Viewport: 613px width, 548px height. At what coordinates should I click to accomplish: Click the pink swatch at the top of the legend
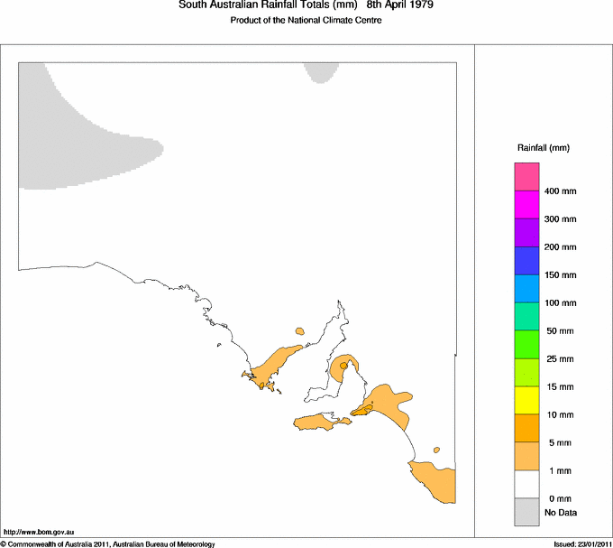526,177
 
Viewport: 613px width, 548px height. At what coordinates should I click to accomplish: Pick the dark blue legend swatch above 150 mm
526,261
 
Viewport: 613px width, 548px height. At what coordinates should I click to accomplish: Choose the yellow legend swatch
526,400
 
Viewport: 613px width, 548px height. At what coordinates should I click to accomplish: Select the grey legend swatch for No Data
526,513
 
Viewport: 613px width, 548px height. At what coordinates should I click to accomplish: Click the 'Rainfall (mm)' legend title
543,147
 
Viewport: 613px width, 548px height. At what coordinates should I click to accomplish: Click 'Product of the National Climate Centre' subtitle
306,21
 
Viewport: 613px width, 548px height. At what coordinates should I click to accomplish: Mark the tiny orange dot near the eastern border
436,449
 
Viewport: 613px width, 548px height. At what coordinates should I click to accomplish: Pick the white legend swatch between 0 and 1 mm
526,485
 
